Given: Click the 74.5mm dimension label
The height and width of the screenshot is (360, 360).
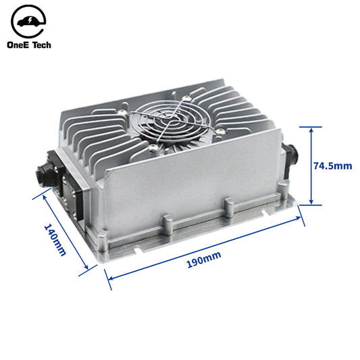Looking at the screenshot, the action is [x=333, y=165].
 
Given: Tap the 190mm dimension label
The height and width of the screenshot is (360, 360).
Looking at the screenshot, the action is [x=204, y=259].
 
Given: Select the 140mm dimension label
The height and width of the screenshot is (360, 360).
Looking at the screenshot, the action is [x=55, y=240].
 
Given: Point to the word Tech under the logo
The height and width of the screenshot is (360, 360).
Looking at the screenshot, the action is [x=42, y=45].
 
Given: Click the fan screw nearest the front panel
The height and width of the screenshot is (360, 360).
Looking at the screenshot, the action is [x=153, y=148].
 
